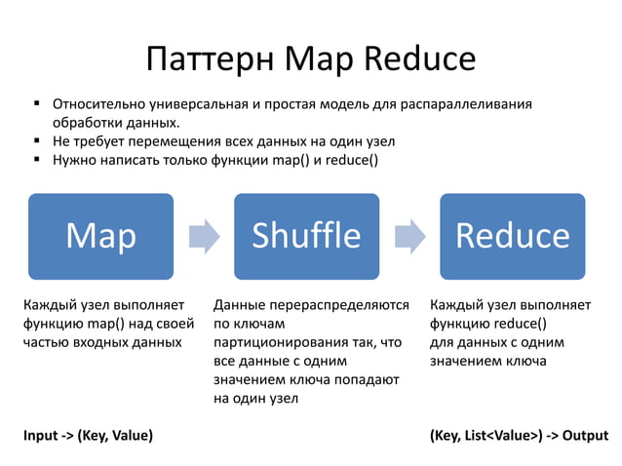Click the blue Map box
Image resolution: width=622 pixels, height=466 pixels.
(100, 235)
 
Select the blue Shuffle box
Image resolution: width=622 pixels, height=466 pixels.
(306, 235)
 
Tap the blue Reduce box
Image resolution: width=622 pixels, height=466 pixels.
(512, 235)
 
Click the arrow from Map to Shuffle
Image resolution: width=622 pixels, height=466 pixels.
(204, 235)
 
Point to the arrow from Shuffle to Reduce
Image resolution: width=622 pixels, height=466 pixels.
(409, 235)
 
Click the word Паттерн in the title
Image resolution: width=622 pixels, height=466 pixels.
(209, 59)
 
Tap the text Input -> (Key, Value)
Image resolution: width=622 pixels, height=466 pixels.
(88, 435)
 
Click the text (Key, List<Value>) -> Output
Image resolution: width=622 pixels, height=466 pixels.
(519, 435)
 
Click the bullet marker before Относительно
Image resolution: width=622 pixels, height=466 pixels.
(34, 103)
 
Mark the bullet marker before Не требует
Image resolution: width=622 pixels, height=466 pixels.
(34, 141)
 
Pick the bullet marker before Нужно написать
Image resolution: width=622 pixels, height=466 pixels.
(34, 160)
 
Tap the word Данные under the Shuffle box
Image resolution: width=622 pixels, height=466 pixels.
(238, 305)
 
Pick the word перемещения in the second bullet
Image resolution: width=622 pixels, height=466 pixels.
(176, 142)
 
